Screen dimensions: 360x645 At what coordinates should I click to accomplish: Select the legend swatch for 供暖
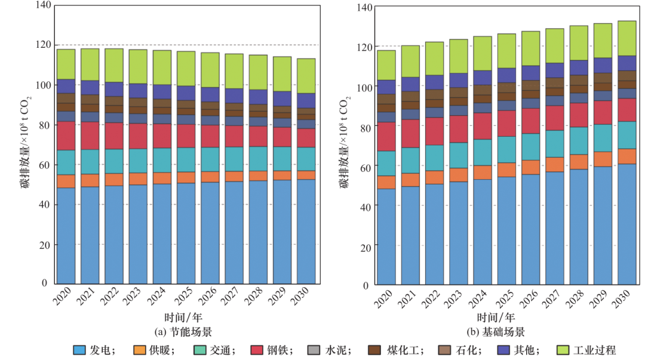pyautogui.click(x=140, y=350)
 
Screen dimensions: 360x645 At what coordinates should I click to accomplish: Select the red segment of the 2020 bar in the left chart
pyautogui.click(x=66, y=136)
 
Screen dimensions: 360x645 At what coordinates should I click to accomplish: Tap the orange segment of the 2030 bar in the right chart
pyautogui.click(x=626, y=156)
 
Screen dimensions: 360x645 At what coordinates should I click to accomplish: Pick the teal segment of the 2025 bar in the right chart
pyautogui.click(x=507, y=149)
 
